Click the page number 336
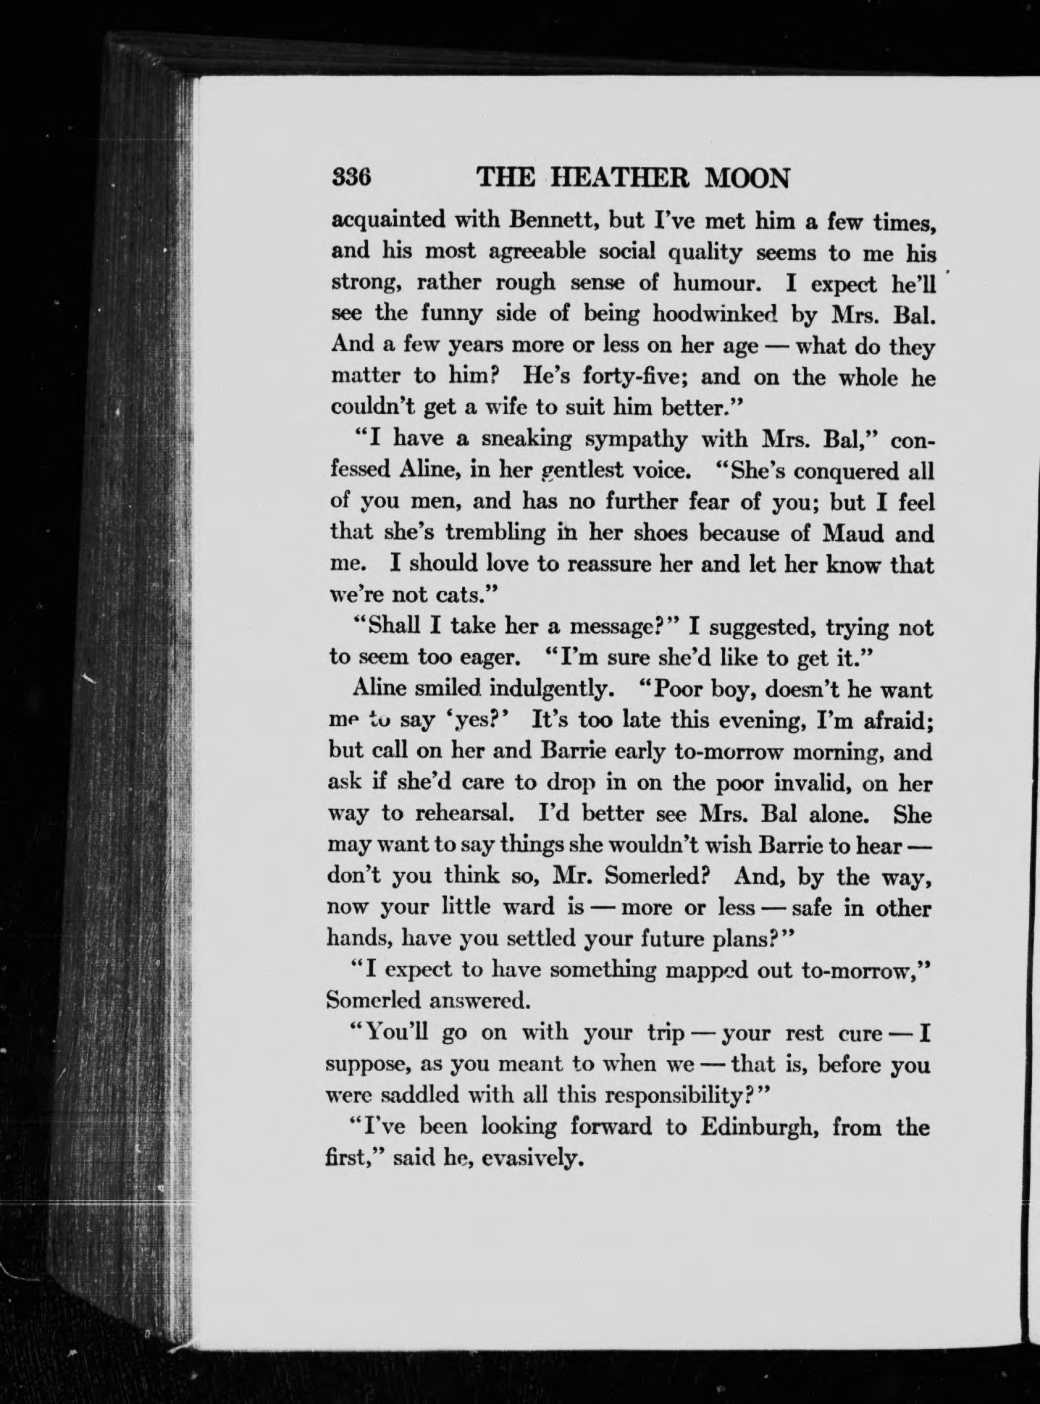[351, 177]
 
